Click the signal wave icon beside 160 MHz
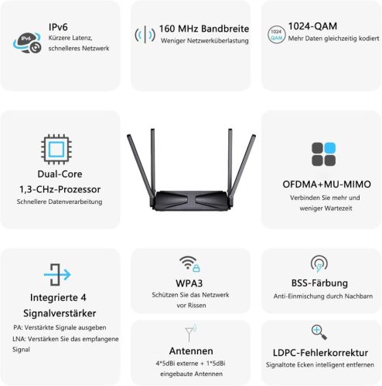(145, 35)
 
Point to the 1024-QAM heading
(311, 25)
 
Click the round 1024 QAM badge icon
(276, 34)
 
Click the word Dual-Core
(60, 174)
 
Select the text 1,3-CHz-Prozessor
(60, 188)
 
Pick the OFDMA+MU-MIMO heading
(322, 185)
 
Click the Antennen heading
(190, 350)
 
